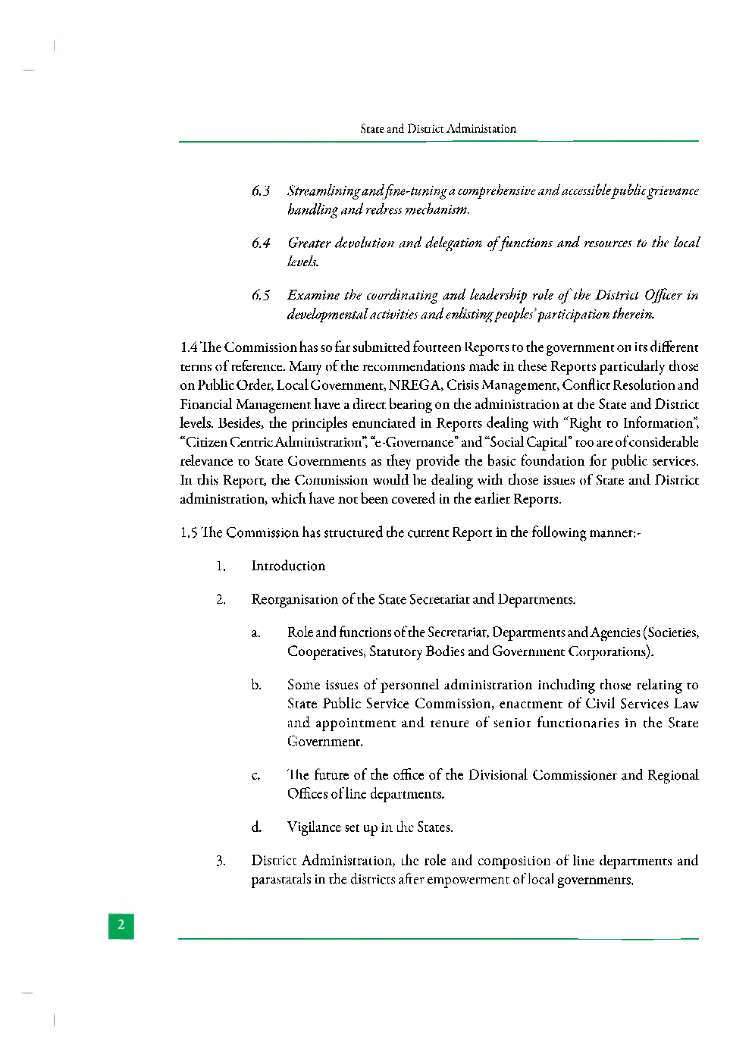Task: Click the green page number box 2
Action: (x=121, y=925)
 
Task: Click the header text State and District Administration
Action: (x=438, y=129)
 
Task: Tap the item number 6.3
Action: (x=261, y=191)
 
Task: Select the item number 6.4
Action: (x=261, y=243)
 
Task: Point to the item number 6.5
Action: (x=261, y=295)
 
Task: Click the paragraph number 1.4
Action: (x=189, y=347)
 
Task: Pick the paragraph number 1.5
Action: (x=189, y=532)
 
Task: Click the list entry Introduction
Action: (x=288, y=566)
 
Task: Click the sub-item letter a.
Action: (x=256, y=633)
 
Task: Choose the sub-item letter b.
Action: (x=256, y=686)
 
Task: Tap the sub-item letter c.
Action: (x=256, y=776)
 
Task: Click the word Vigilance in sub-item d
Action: (x=314, y=827)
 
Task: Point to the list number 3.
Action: (x=221, y=861)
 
